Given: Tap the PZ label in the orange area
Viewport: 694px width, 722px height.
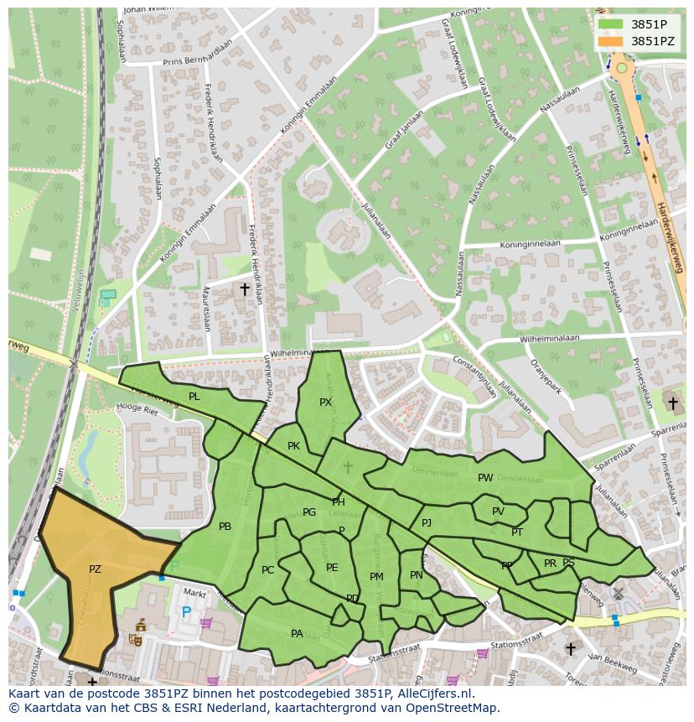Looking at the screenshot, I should click(x=95, y=569).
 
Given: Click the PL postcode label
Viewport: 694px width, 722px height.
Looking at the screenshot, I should click(x=194, y=396).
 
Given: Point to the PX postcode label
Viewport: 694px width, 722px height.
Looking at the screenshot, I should click(x=326, y=403).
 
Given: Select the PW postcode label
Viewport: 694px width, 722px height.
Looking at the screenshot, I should click(x=485, y=478).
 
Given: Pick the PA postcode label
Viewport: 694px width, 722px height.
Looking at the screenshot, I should click(x=297, y=634).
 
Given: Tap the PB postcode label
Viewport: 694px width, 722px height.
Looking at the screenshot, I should click(x=225, y=527).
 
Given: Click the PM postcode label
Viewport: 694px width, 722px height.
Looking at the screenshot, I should click(x=376, y=577).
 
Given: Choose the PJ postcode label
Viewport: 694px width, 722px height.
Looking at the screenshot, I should click(x=427, y=523).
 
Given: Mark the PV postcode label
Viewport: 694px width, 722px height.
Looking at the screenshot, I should click(x=498, y=512).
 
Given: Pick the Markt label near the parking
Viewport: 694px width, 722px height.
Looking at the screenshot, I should click(x=195, y=594).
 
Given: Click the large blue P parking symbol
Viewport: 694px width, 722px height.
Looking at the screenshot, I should click(x=187, y=612).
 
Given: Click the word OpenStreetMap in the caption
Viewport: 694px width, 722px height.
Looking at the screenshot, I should click(x=453, y=708).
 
